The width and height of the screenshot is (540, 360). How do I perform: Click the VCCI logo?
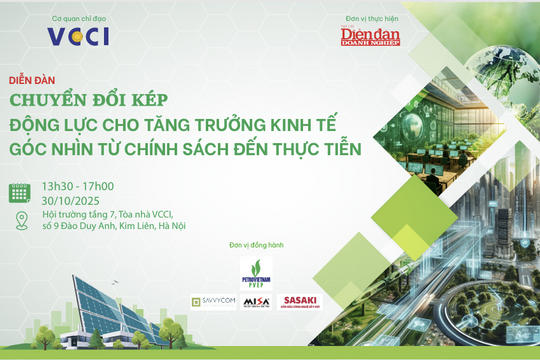click(x=78, y=36)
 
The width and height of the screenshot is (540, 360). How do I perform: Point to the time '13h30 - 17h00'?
click(x=77, y=186)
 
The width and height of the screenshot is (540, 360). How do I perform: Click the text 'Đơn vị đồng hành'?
click(x=244, y=244)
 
